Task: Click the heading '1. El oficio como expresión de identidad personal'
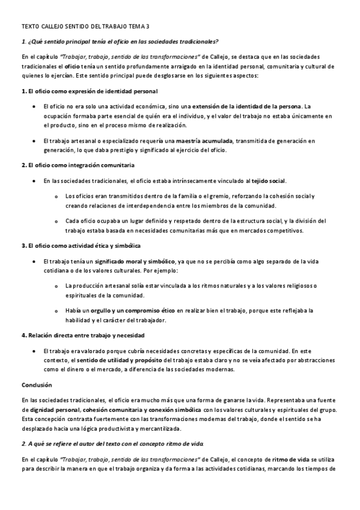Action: click(89, 91)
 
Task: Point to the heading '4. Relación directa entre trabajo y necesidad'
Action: click(82, 335)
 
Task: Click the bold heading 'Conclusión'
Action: click(37, 384)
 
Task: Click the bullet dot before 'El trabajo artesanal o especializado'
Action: click(34, 141)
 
